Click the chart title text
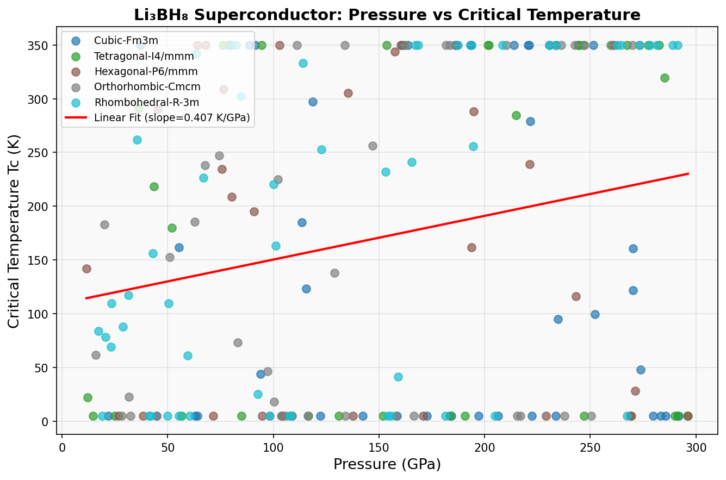pyautogui.click(x=387, y=15)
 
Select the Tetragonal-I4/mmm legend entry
pyautogui.click(x=144, y=56)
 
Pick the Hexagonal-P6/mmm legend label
pyautogui.click(x=146, y=71)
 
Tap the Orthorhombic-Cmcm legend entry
pyautogui.click(x=147, y=87)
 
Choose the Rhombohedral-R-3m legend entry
pyautogui.click(x=146, y=102)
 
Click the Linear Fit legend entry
pyautogui.click(x=171, y=117)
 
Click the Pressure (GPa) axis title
pyautogui.click(x=387, y=465)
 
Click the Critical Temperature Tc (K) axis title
pyautogui.click(x=15, y=232)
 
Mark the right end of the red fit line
pyautogui.click(x=688, y=173)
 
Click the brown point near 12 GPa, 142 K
pyautogui.click(x=86, y=269)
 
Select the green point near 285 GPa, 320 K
pyautogui.click(x=665, y=78)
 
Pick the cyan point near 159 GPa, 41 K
pyautogui.click(x=398, y=377)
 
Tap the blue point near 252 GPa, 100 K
pyautogui.click(x=595, y=314)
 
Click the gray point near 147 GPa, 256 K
pyautogui.click(x=373, y=146)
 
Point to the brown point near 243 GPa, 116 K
pyautogui.click(x=576, y=296)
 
